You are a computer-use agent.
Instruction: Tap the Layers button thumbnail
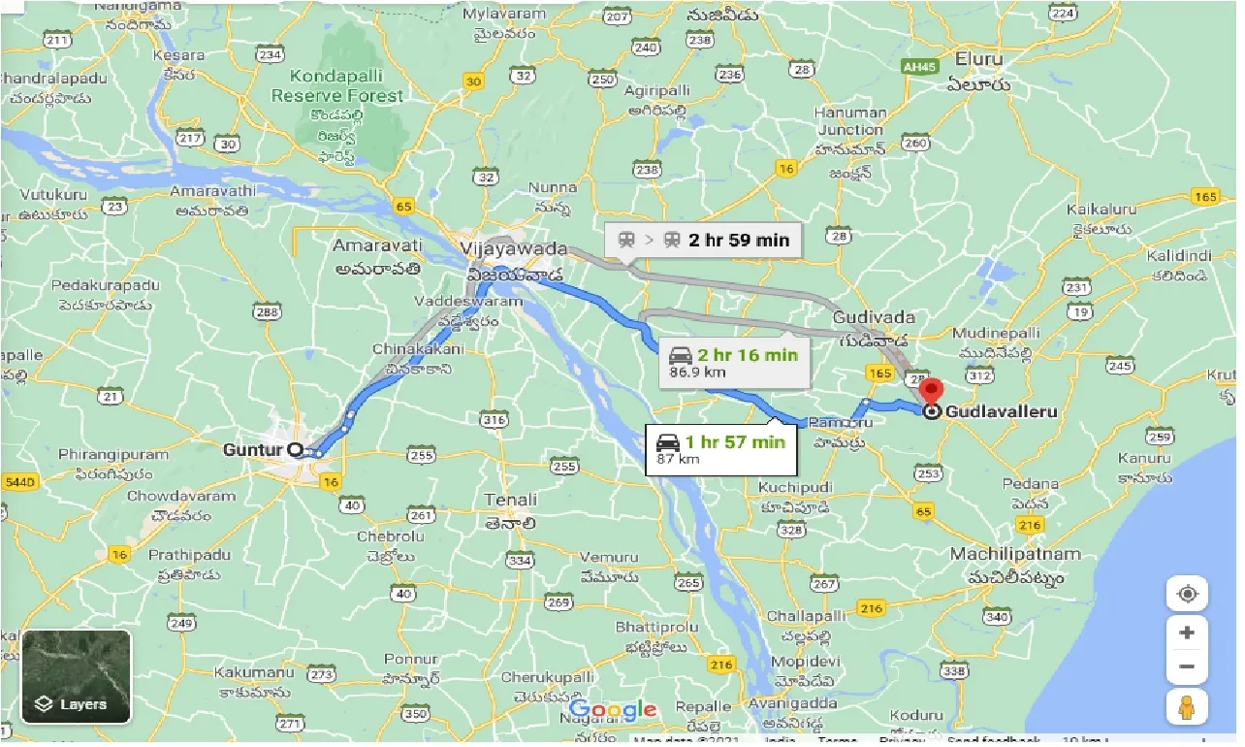pyautogui.click(x=76, y=676)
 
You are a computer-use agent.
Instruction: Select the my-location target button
pyautogui.click(x=1187, y=594)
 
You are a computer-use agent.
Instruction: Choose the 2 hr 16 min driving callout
pyautogui.click(x=732, y=362)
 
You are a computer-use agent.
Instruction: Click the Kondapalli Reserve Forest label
pyautogui.click(x=336, y=86)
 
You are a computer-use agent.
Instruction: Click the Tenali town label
pyautogui.click(x=510, y=501)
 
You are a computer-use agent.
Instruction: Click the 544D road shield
pyautogui.click(x=17, y=482)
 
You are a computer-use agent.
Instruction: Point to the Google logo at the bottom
pyautogui.click(x=613, y=710)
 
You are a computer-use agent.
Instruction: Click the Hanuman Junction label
pyautogui.click(x=850, y=121)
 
